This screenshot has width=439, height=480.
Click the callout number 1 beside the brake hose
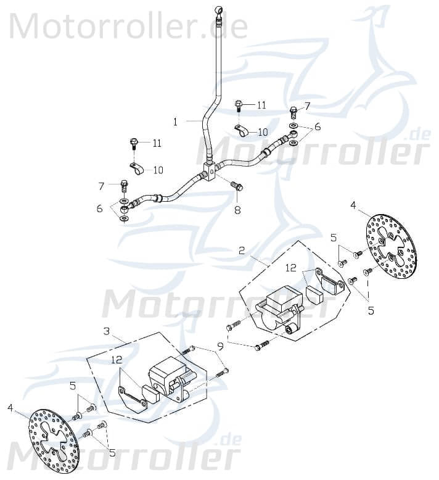(x=175, y=122)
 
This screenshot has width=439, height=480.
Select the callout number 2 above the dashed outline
(x=242, y=250)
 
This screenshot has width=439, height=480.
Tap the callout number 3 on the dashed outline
(x=107, y=331)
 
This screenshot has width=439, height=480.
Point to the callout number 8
(x=237, y=210)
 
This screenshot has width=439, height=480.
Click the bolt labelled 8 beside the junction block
(x=236, y=185)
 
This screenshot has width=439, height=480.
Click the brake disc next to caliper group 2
(x=391, y=246)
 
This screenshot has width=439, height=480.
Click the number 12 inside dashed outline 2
(x=291, y=268)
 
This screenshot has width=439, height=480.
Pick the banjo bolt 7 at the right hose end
(x=293, y=113)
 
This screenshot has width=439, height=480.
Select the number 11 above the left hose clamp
(x=157, y=143)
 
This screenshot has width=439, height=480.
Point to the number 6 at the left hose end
(x=99, y=209)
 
